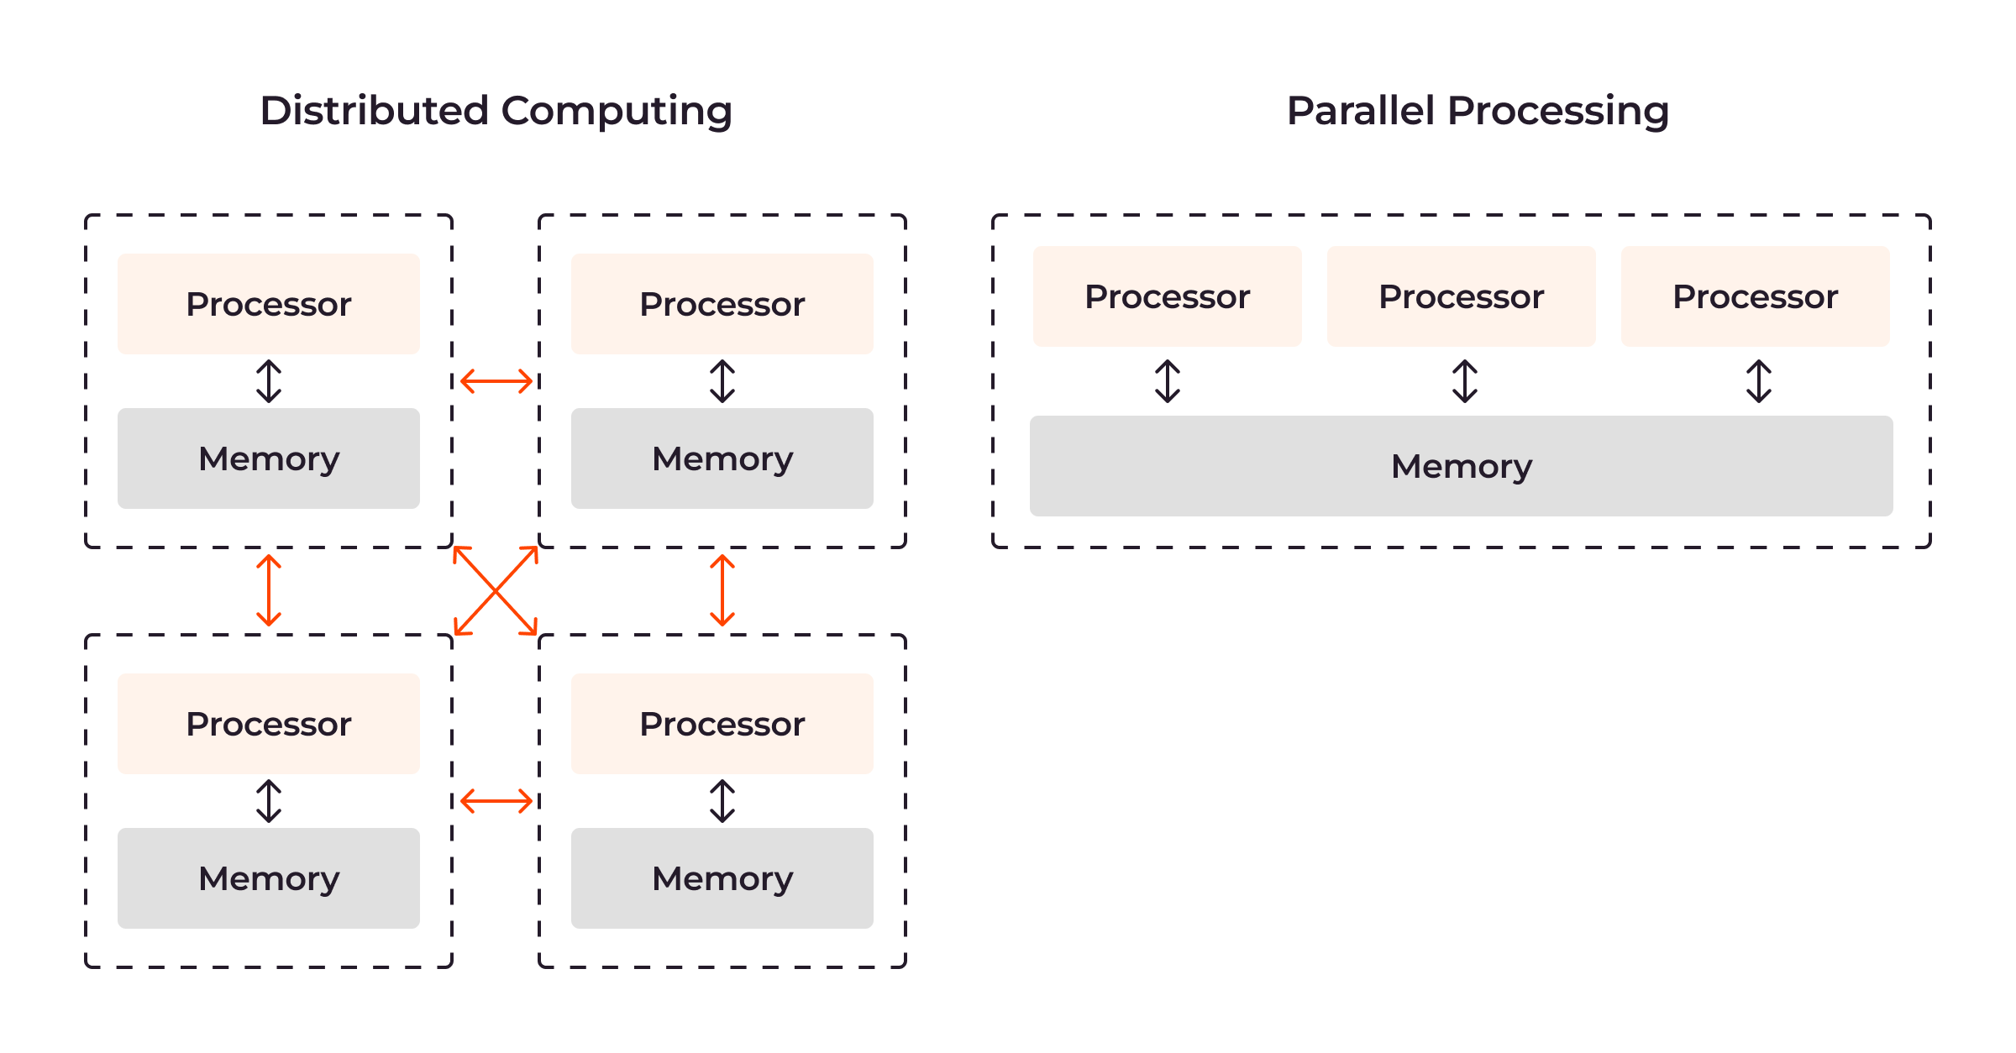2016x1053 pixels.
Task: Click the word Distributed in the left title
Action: pos(375,110)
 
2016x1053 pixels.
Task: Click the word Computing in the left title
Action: pos(617,112)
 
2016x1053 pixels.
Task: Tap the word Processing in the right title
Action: pos(1558,112)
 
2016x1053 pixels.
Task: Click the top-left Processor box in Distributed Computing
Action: pos(269,303)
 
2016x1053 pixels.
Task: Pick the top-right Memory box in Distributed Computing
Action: pos(722,458)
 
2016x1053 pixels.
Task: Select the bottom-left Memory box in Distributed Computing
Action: pos(269,878)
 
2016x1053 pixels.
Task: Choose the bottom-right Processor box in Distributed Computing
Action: pos(722,723)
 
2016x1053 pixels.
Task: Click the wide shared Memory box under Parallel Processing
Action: pos(1462,466)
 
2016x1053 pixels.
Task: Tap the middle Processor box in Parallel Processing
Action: pos(1462,296)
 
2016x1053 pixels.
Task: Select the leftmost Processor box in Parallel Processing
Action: pos(1168,296)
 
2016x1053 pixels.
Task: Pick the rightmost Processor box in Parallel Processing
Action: pos(1756,296)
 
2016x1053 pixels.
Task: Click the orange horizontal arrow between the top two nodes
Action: pos(496,381)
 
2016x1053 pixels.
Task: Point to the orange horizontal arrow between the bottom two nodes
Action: pos(496,801)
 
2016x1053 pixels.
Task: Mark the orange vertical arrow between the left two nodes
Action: pos(269,590)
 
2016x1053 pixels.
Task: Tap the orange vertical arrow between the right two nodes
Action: pos(722,590)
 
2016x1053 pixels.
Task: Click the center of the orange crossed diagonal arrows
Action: pos(496,590)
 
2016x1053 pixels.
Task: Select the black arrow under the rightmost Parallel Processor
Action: pos(1759,381)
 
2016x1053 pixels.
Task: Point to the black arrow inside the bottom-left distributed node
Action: pos(269,801)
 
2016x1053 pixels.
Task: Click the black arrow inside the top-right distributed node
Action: pos(722,381)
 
